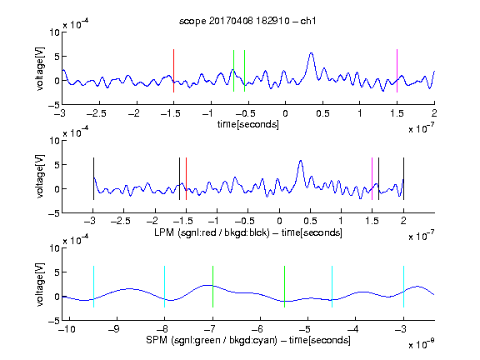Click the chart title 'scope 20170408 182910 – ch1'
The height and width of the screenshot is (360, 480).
(x=247, y=21)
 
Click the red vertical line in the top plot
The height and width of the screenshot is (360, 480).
(x=173, y=71)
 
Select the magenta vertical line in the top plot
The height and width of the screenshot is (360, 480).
(x=397, y=71)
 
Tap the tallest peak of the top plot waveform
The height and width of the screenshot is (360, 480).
(x=312, y=53)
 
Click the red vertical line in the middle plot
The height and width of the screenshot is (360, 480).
(x=186, y=179)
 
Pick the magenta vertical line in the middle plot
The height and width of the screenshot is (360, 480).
(x=372, y=179)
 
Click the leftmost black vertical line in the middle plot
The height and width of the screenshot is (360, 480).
(x=93, y=179)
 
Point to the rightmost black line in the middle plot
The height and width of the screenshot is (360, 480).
(x=404, y=179)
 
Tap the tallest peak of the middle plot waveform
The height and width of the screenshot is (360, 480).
(x=301, y=161)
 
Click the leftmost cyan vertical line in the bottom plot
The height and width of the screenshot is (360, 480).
(x=93, y=287)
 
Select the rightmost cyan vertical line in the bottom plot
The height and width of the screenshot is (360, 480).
(x=404, y=287)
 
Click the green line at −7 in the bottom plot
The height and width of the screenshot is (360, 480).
(x=212, y=287)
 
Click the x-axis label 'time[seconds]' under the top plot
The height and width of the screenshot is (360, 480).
(x=248, y=124)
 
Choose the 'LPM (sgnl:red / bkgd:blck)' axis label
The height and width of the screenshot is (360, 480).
(x=212, y=232)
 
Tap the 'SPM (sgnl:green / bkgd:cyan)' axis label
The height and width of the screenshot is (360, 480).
(x=212, y=340)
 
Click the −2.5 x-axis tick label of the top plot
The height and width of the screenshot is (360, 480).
(x=97, y=113)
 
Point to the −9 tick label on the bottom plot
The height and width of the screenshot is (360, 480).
(x=114, y=329)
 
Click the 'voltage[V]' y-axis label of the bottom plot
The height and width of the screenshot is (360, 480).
(x=40, y=284)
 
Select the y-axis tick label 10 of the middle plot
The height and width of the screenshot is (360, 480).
(x=54, y=141)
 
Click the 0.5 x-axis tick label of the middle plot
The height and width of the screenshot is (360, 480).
(x=310, y=221)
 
